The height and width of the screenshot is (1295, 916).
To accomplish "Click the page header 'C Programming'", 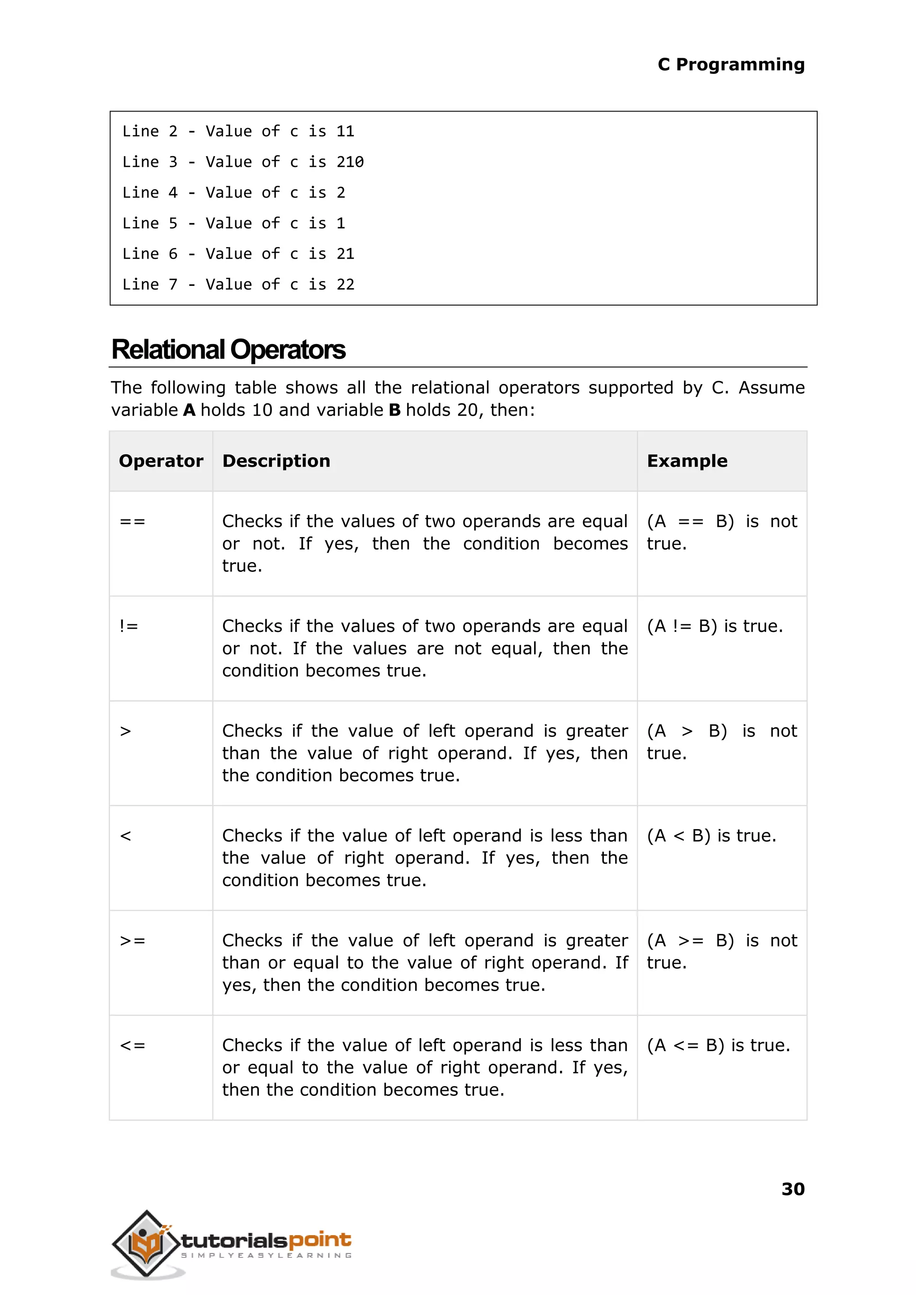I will click(730, 64).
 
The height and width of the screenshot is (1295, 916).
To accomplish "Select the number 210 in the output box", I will click(350, 162).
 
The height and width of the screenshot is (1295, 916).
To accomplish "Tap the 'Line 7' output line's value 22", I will click(345, 285).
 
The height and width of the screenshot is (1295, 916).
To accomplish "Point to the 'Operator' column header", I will click(161, 461).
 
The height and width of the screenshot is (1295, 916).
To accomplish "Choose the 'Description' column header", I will click(276, 461).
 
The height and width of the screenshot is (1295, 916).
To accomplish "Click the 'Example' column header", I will click(687, 461).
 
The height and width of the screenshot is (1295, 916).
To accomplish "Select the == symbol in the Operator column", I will click(132, 521).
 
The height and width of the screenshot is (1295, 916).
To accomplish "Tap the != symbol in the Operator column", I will click(129, 626).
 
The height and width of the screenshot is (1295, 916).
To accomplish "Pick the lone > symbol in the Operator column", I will click(125, 731).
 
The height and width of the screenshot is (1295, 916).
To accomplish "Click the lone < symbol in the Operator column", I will click(125, 836).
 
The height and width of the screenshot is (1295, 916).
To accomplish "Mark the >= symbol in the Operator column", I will click(132, 941).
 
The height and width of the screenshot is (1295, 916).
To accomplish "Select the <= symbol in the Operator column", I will click(132, 1046).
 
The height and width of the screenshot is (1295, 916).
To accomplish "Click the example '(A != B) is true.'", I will click(715, 626).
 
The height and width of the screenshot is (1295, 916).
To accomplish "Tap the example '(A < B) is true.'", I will click(711, 836).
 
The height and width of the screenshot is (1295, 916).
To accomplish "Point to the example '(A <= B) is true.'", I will click(718, 1046).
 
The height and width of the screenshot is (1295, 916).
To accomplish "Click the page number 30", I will click(793, 1189).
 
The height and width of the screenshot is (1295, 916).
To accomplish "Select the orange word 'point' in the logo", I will click(320, 1240).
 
